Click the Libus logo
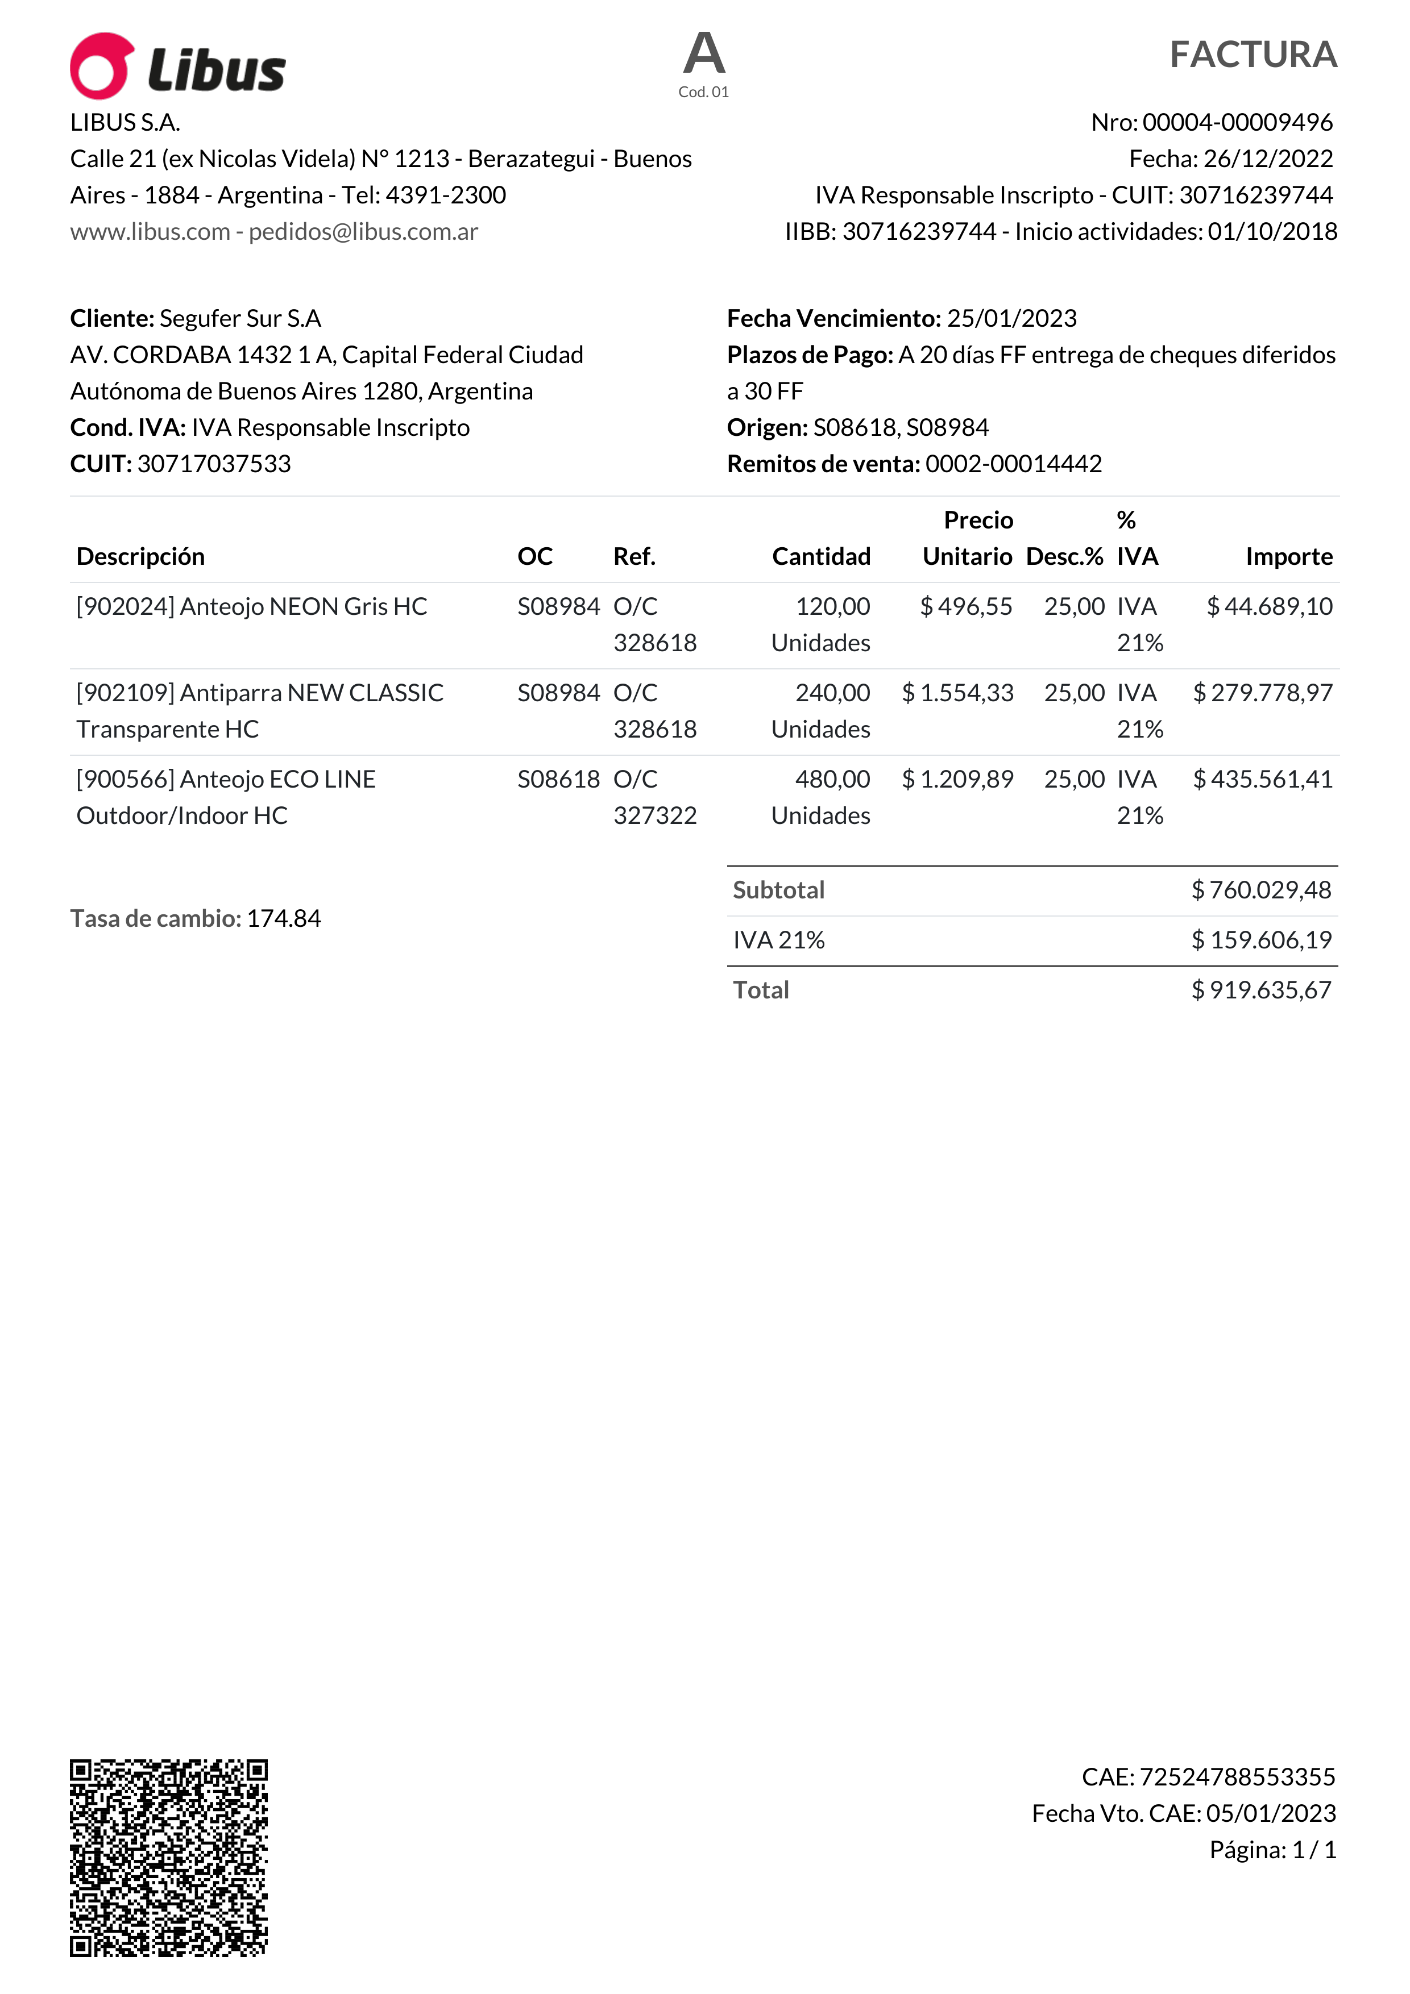coord(178,66)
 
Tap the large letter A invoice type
coord(704,54)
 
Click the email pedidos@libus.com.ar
coord(363,232)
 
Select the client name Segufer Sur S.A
coord(240,319)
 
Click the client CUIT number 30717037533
coord(214,464)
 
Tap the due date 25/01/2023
coord(1011,319)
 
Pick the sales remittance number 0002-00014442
coord(1013,464)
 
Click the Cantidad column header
coord(821,557)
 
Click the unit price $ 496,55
coord(966,606)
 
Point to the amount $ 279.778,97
coord(1262,693)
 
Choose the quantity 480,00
coord(832,779)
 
